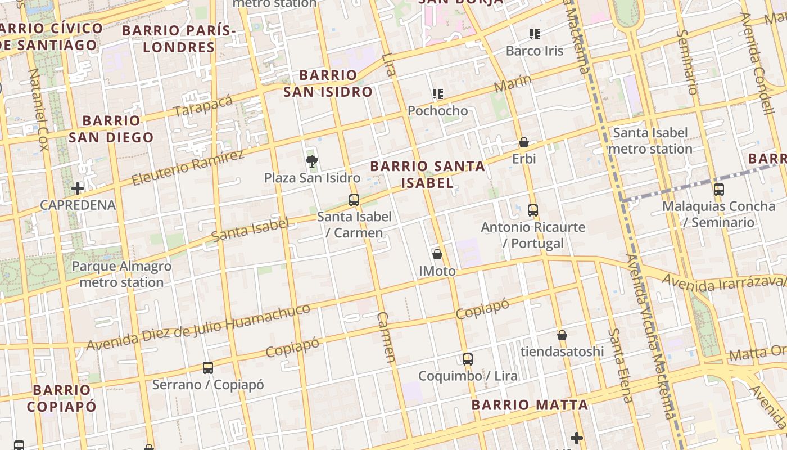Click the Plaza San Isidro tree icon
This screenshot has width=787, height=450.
click(x=311, y=162)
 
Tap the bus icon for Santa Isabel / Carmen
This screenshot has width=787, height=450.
click(x=354, y=200)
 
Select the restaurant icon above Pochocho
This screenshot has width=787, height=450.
click(x=438, y=94)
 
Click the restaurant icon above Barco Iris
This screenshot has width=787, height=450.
click(x=534, y=34)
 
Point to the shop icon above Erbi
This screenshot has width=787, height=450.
click(x=523, y=142)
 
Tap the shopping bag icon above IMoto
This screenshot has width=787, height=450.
click(x=437, y=254)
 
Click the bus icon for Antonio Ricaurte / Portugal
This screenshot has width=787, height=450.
click(x=532, y=211)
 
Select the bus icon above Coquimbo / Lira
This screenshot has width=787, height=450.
click(x=467, y=359)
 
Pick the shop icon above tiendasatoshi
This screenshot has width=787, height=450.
click(x=562, y=335)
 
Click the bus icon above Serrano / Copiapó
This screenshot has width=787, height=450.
click(x=207, y=368)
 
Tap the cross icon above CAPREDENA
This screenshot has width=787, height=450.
click(x=78, y=188)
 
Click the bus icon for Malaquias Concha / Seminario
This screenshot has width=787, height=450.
click(x=718, y=190)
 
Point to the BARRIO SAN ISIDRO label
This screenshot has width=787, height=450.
click(x=328, y=83)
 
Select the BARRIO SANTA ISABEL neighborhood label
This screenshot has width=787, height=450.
click(x=427, y=174)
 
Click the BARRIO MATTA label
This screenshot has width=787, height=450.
click(x=530, y=405)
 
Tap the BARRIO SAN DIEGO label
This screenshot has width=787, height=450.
click(x=111, y=129)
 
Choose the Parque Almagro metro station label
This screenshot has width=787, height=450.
click(x=121, y=274)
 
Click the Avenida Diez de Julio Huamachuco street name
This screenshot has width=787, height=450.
click(x=198, y=327)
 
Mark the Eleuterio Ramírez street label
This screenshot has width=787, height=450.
click(x=188, y=168)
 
